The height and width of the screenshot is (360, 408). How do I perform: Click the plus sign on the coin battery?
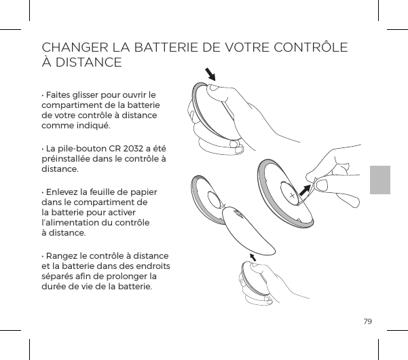pos(293,196)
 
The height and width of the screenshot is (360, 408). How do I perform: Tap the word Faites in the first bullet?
pos(60,93)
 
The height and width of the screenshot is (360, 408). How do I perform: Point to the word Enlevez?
pos(64,193)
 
